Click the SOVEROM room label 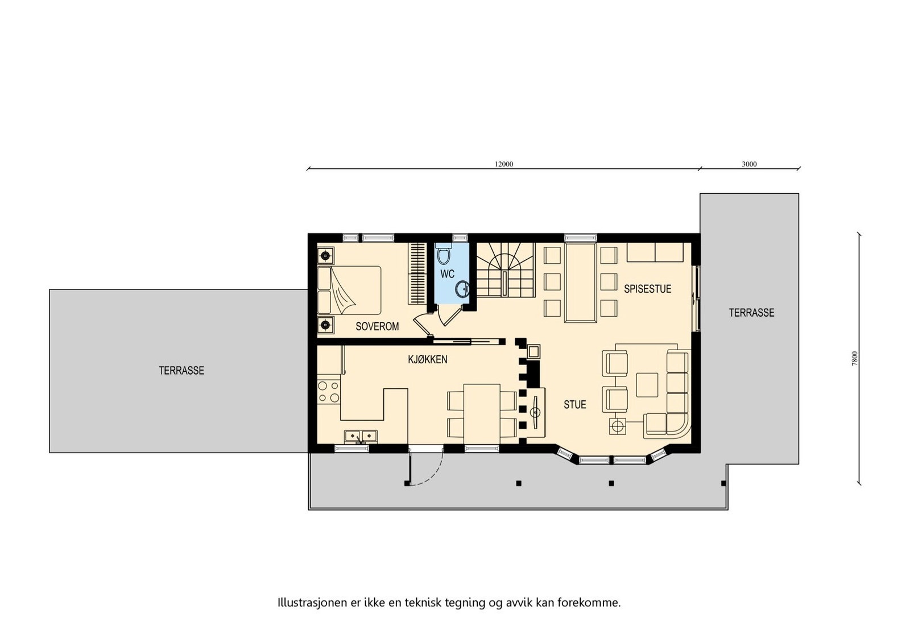tap(377, 326)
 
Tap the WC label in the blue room tap(447, 274)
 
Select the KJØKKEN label tap(427, 359)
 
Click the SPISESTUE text tap(647, 289)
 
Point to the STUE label tap(574, 405)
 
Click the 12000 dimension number tap(503, 164)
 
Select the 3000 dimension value tap(749, 164)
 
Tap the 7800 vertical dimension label tap(854, 358)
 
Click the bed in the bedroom tap(349, 290)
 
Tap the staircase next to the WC tap(505, 270)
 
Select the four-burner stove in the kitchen tap(329, 391)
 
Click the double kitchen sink tap(361, 436)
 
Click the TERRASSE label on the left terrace tap(181, 371)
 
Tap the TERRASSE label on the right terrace tap(751, 313)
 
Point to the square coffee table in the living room tap(647, 384)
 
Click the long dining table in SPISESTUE tap(580, 283)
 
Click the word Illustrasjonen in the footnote tap(312, 603)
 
